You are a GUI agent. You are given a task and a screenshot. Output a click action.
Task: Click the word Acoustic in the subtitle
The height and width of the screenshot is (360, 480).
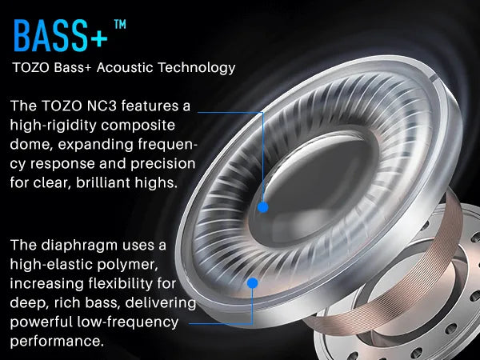click(133, 67)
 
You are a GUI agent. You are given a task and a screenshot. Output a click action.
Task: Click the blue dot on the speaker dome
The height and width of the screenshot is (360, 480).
click(262, 206)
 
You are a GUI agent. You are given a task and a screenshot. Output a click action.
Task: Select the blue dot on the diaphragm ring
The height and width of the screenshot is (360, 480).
click(253, 282)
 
